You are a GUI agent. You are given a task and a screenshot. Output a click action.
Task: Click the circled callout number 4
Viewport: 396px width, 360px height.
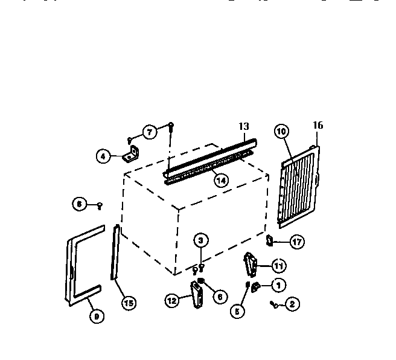[104, 156]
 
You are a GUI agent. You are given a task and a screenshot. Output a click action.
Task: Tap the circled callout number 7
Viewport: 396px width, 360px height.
[149, 131]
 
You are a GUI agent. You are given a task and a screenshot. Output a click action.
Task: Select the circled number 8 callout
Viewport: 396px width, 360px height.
[79, 205]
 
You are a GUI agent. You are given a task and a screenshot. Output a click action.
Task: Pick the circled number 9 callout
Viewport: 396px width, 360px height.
[95, 315]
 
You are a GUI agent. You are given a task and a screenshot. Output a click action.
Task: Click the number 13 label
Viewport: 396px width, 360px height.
[243, 127]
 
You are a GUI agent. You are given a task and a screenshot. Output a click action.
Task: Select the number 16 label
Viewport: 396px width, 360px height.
[318, 126]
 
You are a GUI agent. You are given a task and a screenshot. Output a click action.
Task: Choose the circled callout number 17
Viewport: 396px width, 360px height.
[296, 242]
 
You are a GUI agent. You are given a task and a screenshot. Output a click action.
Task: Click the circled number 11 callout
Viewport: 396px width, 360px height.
[278, 265]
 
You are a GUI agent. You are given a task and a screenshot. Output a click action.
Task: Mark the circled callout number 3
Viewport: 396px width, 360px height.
[202, 241]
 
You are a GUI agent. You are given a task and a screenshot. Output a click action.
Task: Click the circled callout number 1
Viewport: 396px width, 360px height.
[278, 284]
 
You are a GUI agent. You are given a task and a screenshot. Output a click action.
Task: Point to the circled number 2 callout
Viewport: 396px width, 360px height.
[292, 304]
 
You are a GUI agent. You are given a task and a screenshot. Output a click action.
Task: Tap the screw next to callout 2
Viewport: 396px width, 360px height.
[275, 305]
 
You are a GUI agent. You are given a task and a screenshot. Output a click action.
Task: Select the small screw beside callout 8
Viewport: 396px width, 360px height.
[100, 206]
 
